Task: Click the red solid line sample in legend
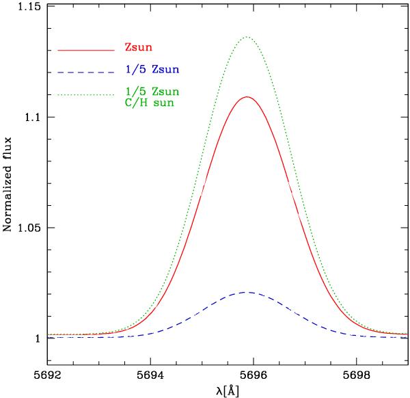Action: coord(85,50)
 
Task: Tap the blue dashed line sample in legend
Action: coord(85,71)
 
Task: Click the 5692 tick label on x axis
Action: coord(46,375)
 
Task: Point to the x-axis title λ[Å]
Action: coord(225,390)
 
